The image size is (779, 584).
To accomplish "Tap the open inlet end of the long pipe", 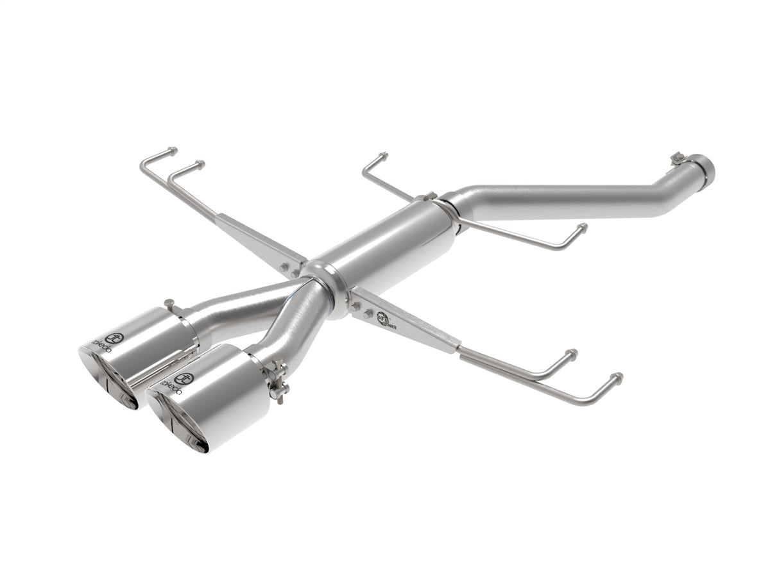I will click(x=708, y=168).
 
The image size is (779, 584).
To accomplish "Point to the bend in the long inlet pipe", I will click(x=667, y=192).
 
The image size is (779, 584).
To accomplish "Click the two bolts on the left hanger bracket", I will click(x=289, y=269).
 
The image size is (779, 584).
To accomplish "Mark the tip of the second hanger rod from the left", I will click(x=201, y=164).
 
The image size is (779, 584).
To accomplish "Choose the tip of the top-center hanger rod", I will click(x=384, y=156).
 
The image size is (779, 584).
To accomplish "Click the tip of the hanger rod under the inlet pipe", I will click(x=582, y=227).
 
